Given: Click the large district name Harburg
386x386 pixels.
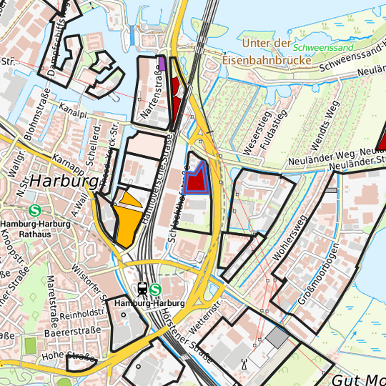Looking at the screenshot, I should (64, 182).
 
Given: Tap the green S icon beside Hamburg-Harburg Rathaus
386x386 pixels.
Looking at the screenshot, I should (35, 211).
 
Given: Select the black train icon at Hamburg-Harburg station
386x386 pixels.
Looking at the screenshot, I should (142, 290).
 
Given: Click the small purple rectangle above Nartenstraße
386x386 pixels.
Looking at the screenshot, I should (162, 64).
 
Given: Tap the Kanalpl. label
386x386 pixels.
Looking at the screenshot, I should (73, 113).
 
